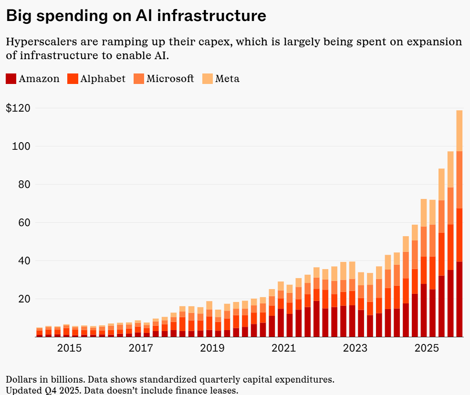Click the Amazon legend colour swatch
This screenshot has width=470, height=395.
tap(11, 79)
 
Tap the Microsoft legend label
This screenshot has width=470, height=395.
tap(170, 79)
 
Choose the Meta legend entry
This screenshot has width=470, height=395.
tap(227, 79)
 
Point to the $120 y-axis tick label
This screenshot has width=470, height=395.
tap(18, 108)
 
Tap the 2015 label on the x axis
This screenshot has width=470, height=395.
tap(69, 348)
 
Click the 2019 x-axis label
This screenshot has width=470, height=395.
tap(212, 348)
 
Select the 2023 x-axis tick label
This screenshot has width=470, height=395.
tap(355, 348)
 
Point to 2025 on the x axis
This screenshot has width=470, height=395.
tap(426, 348)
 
